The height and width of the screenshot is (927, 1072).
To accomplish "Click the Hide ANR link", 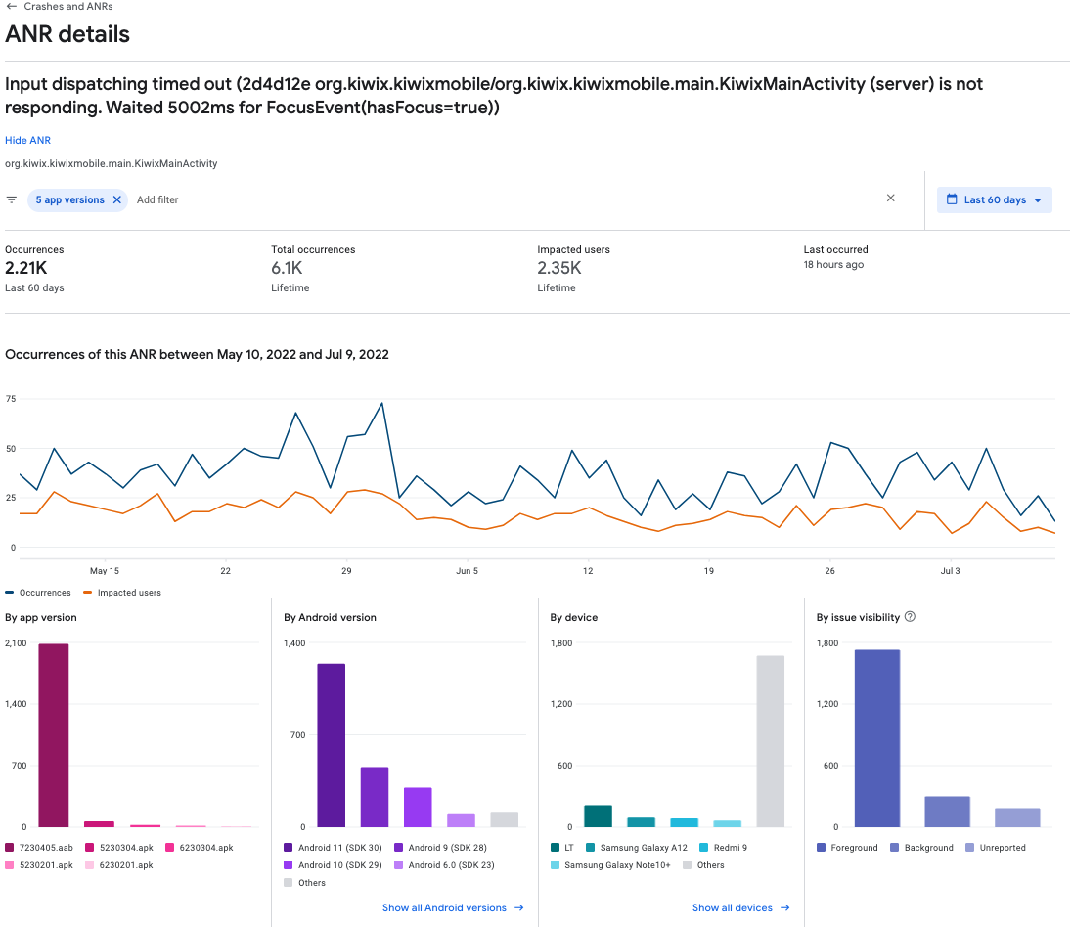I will (x=27, y=141).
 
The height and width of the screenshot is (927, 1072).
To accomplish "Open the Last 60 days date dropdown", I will (x=994, y=199).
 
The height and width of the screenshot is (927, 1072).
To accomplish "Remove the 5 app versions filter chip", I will (x=117, y=199).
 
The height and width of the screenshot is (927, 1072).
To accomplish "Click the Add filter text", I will (x=157, y=199).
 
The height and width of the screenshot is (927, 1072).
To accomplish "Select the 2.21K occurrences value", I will (x=25, y=268).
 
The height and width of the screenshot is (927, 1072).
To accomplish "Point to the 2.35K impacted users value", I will (x=559, y=268).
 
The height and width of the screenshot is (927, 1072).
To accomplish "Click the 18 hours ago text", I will (x=833, y=265).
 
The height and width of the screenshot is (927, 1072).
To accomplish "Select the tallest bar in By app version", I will (x=54, y=735).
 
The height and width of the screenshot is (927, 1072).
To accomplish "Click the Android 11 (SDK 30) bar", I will (x=332, y=745).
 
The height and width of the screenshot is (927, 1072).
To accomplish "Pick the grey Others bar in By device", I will (x=770, y=741).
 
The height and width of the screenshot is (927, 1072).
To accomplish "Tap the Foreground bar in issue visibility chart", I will (x=876, y=738).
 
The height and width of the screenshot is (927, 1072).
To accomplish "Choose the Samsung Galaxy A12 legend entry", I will (x=643, y=848).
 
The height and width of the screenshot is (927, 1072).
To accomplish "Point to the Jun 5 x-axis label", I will (x=467, y=571).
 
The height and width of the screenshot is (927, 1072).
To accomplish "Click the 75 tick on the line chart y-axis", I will (x=11, y=399).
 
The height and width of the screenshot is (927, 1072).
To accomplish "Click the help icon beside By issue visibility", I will (x=910, y=617).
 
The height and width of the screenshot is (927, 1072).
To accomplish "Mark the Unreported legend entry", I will (x=1001, y=848).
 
